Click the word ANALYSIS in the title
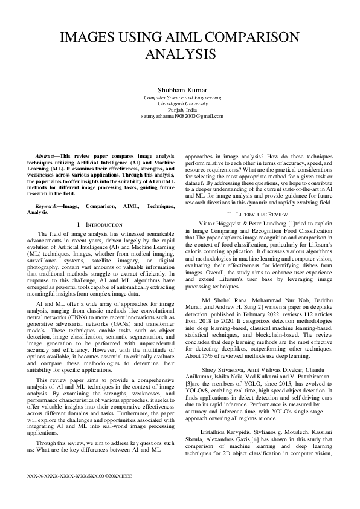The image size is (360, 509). pyautogui.click(x=180, y=54)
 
